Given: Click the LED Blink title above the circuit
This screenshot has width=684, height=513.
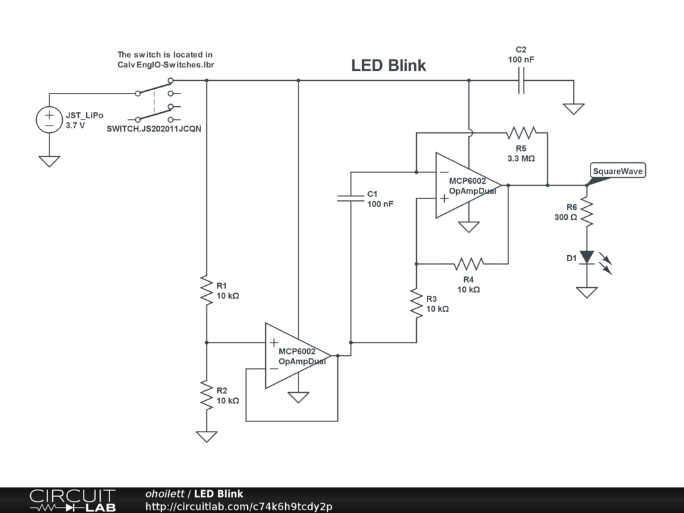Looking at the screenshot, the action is pyautogui.click(x=388, y=65).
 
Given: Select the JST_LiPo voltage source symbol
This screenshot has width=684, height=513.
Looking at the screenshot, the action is pyautogui.click(x=49, y=120).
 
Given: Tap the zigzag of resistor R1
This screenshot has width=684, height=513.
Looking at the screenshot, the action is pyautogui.click(x=207, y=290).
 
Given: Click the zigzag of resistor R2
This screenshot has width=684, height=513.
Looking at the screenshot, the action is pyautogui.click(x=207, y=395).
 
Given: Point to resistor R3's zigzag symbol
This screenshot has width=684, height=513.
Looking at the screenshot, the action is pyautogui.click(x=417, y=303).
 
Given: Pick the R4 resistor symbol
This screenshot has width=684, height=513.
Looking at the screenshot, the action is pyautogui.click(x=468, y=264).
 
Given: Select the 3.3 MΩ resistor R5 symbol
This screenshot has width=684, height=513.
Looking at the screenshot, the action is pyautogui.click(x=521, y=133).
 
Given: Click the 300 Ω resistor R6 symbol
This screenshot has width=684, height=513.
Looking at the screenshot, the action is pyautogui.click(x=586, y=212).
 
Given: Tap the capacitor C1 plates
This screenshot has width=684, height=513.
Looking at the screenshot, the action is pyautogui.click(x=351, y=198).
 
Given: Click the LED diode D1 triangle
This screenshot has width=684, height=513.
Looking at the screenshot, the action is pyautogui.click(x=586, y=257).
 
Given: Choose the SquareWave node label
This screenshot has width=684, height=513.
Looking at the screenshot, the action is pyautogui.click(x=618, y=171).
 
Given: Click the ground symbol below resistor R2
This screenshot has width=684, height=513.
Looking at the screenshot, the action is pyautogui.click(x=207, y=436).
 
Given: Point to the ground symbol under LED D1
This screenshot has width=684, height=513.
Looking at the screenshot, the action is pyautogui.click(x=586, y=293).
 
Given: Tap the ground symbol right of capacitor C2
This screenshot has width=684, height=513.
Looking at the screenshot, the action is pyautogui.click(x=574, y=109).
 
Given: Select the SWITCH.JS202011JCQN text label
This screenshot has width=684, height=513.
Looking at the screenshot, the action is pyautogui.click(x=154, y=129).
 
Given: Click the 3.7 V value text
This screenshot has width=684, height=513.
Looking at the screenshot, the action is pyautogui.click(x=75, y=126).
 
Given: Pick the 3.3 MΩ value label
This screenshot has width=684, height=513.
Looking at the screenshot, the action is pyautogui.click(x=521, y=158).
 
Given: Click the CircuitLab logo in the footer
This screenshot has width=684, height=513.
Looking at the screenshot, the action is pyautogui.click(x=73, y=500).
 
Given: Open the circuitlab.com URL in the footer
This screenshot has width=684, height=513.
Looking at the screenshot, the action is pyautogui.click(x=238, y=506).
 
